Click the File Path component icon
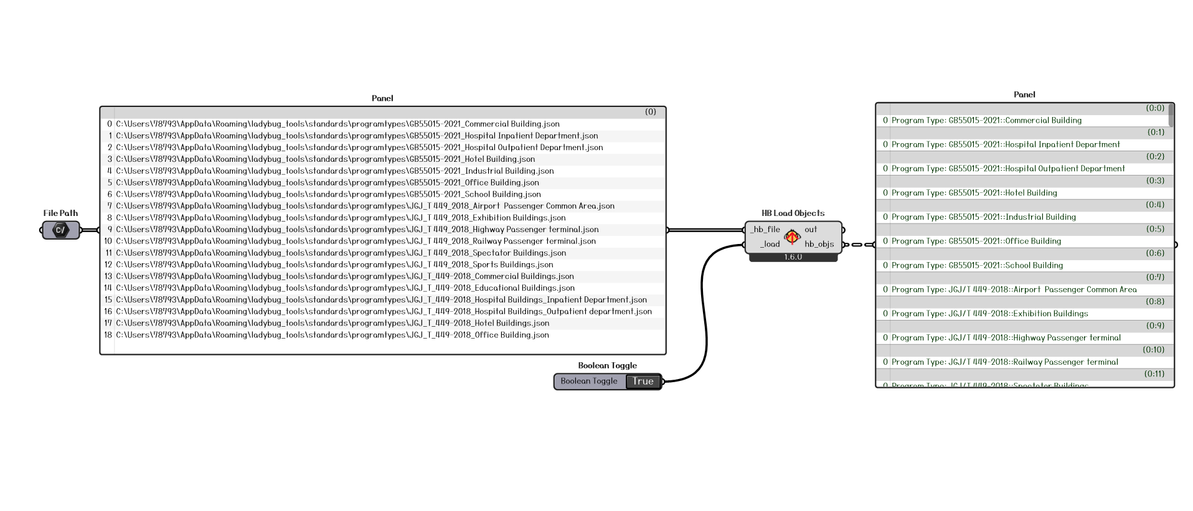click(x=60, y=230)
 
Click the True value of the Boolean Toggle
click(x=643, y=382)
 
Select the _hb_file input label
click(x=765, y=230)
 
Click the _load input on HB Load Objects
click(x=770, y=244)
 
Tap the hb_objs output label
click(x=819, y=244)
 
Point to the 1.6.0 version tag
click(x=793, y=257)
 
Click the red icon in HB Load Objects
click(x=792, y=237)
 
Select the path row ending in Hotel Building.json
click(x=325, y=159)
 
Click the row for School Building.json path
click(x=328, y=194)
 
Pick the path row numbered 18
click(x=332, y=335)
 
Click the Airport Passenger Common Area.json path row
click(x=365, y=206)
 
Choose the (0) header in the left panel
click(x=650, y=112)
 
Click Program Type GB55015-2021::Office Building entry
click(x=976, y=241)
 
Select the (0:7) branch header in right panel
click(x=1154, y=277)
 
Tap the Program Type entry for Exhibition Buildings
click(x=989, y=314)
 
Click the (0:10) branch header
click(x=1153, y=350)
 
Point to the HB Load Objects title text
click(x=793, y=213)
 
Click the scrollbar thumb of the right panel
click(x=1171, y=115)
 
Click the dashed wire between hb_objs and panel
click(x=858, y=245)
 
